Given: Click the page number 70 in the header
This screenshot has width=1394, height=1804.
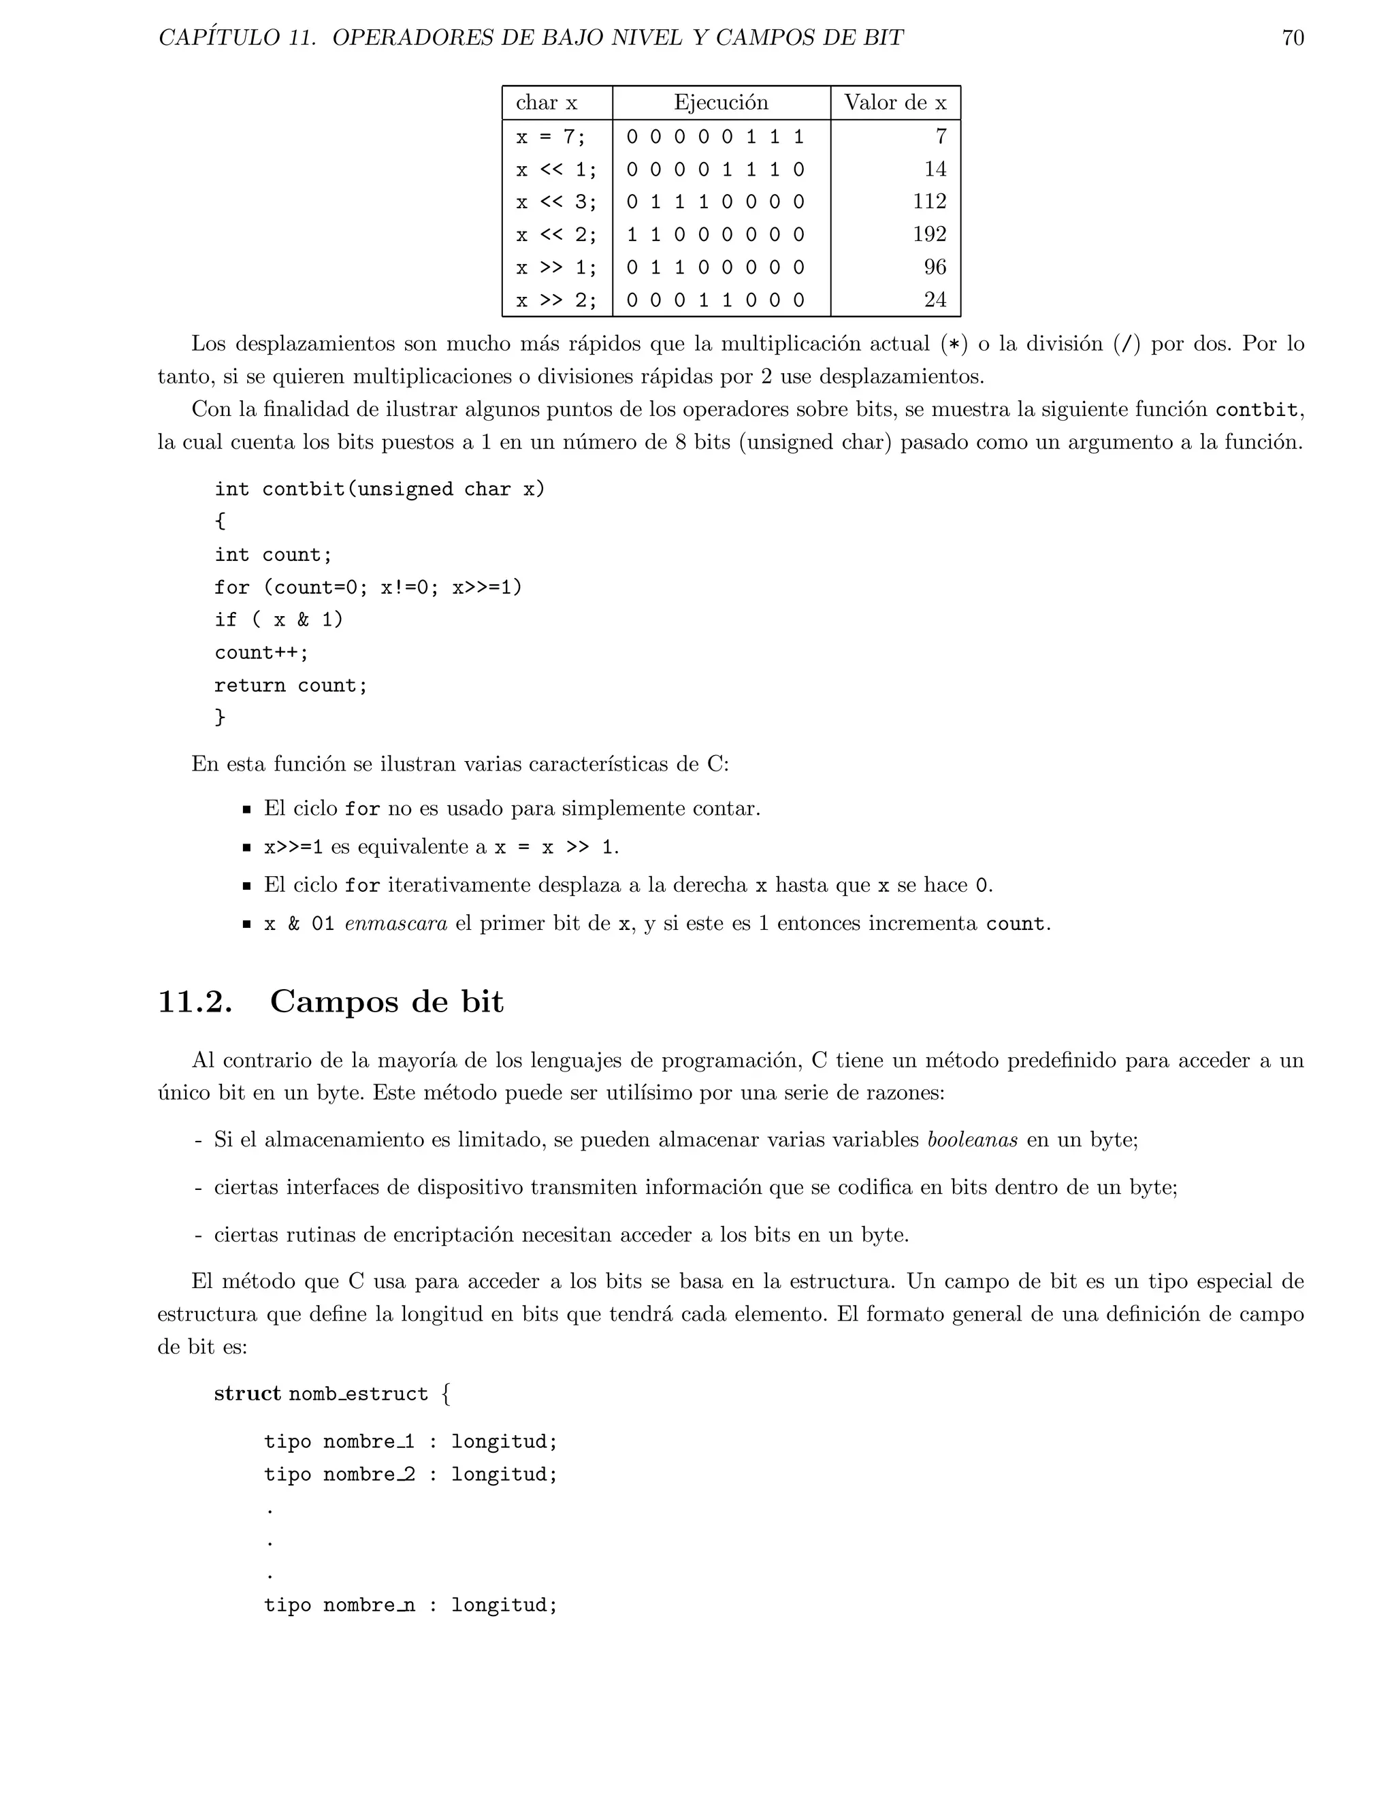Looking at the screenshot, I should click(1293, 38).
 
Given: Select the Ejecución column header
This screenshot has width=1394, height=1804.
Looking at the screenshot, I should click(720, 102).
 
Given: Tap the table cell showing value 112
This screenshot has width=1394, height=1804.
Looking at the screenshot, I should click(929, 202).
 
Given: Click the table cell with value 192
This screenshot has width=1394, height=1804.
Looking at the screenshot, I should click(929, 235).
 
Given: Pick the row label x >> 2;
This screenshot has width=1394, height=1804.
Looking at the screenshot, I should click(556, 300).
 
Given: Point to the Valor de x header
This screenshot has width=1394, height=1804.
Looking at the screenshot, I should click(894, 102).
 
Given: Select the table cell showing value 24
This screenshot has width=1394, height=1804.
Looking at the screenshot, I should click(935, 300).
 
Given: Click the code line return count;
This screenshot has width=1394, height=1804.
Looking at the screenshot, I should click(291, 686).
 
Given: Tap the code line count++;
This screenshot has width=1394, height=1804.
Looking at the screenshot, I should click(261, 653).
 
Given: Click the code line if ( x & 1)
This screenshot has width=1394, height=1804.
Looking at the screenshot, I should click(278, 619).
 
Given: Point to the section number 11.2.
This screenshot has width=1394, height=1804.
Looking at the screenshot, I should click(195, 1002).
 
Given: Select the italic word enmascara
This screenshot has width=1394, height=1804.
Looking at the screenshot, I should click(395, 924).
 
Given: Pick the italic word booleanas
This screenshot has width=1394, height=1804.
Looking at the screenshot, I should click(972, 1140).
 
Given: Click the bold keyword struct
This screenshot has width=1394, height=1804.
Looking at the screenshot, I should click(248, 1394).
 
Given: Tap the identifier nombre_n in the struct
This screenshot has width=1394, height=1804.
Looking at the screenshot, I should click(368, 1605).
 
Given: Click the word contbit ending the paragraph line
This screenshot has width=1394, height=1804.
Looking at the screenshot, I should click(1256, 410).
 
